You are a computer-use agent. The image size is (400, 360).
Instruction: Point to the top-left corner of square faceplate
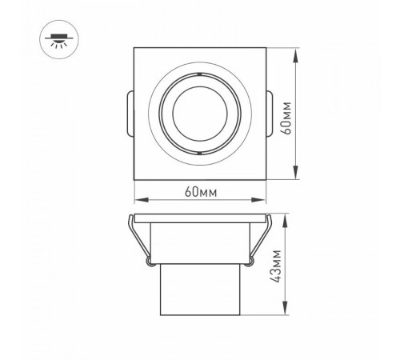(134, 50)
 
